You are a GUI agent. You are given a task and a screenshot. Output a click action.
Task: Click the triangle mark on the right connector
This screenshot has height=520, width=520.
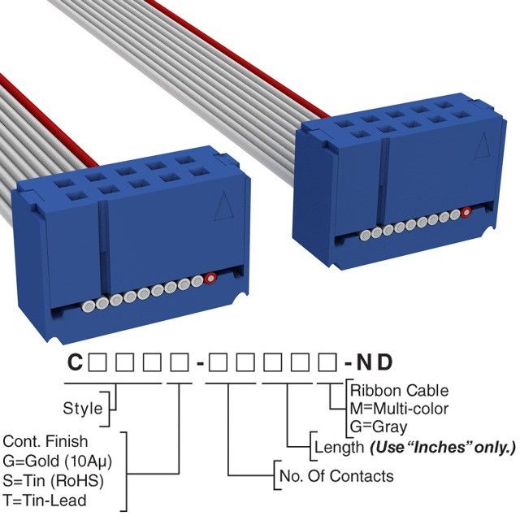481,145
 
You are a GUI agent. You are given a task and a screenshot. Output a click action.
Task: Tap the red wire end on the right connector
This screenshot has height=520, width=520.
466,213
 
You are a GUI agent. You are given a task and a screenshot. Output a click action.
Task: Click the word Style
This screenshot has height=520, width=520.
83,408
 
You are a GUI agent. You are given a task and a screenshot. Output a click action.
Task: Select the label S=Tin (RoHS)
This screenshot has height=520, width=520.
54,480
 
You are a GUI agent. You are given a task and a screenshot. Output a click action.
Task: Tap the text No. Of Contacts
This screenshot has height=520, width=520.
336,476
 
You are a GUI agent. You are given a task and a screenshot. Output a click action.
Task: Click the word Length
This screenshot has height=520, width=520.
338,447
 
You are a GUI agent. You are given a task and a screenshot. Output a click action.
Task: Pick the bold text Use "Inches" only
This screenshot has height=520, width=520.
443,447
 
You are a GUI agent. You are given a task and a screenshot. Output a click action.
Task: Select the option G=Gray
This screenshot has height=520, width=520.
379,427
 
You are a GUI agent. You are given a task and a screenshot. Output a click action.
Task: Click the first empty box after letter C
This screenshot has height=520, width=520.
96,362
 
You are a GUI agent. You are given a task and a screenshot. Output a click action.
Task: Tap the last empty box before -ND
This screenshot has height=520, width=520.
332,362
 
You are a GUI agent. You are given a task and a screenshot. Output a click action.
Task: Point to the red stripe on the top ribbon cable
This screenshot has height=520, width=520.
244,49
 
